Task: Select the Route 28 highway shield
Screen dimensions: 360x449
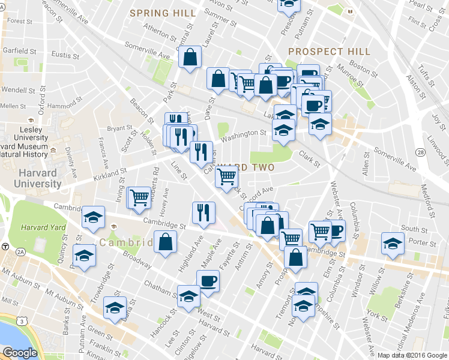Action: tap(422, 154)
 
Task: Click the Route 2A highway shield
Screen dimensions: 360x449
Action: tap(21, 252)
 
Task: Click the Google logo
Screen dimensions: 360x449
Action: tap(20, 353)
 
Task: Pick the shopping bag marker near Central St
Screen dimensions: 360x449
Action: tap(190, 58)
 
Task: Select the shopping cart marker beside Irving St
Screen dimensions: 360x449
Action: tap(139, 196)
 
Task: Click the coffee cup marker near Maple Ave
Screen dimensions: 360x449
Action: tap(208, 281)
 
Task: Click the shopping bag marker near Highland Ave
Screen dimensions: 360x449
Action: tap(165, 242)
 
